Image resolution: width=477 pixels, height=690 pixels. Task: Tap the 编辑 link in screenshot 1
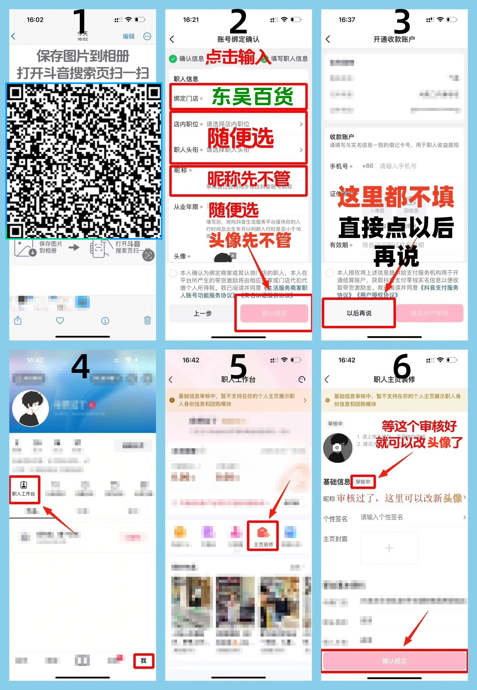pyautogui.click(x=128, y=36)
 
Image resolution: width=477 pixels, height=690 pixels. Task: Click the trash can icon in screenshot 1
pyautogui.click(x=147, y=321)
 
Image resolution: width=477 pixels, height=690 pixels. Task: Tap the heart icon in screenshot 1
pyautogui.click(x=60, y=321)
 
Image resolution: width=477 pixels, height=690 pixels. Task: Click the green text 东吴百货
pyautogui.click(x=253, y=96)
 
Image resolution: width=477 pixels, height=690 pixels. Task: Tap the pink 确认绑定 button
pyautogui.click(x=274, y=313)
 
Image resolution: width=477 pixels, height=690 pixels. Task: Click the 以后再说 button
pyautogui.click(x=359, y=313)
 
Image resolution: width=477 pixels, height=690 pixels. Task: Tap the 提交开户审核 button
pyautogui.click(x=430, y=313)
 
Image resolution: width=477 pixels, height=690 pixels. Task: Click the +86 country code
pyautogui.click(x=367, y=166)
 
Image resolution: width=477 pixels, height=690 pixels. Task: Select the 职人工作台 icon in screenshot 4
pyautogui.click(x=24, y=489)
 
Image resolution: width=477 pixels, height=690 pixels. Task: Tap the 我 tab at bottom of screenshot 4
pyautogui.click(x=143, y=660)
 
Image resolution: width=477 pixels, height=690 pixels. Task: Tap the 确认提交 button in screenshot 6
pyautogui.click(x=394, y=661)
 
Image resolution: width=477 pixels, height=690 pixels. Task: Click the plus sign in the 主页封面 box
pyautogui.click(x=389, y=548)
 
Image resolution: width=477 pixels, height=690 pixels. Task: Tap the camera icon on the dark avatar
pyautogui.click(x=337, y=448)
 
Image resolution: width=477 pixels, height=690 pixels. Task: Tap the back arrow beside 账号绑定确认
pyautogui.click(x=172, y=39)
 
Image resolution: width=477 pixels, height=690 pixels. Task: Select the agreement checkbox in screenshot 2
pyautogui.click(x=173, y=273)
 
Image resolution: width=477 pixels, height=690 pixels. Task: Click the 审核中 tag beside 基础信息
pyautogui.click(x=363, y=481)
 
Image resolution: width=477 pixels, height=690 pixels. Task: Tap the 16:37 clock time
pyautogui.click(x=346, y=20)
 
